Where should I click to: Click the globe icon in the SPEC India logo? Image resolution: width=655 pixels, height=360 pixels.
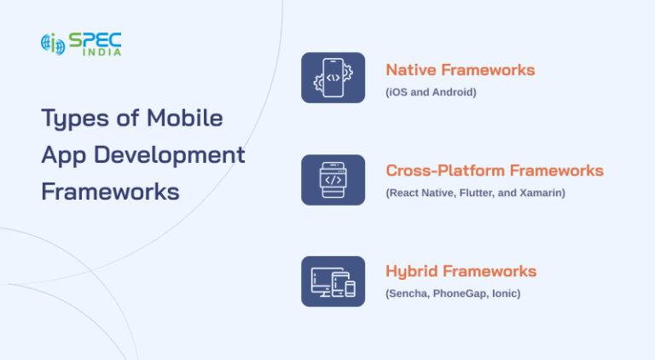point(53,44)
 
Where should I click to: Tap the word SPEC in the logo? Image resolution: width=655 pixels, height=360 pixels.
point(96,39)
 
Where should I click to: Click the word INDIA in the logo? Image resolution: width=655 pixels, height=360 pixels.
point(101,53)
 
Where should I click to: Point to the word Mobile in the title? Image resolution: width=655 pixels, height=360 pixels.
point(184,118)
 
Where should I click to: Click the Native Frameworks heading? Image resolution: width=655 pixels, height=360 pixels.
point(460,70)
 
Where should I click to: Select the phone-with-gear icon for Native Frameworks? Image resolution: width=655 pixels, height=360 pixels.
point(333,78)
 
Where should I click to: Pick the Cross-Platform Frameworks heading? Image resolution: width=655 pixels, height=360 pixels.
point(494,171)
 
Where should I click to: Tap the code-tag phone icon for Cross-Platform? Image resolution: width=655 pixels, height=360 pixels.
point(333,179)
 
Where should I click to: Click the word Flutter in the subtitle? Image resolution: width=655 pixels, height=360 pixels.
point(479,193)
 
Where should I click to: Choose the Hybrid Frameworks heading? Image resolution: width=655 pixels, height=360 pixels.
point(461,271)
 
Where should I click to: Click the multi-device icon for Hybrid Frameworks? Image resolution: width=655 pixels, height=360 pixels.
point(333,281)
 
